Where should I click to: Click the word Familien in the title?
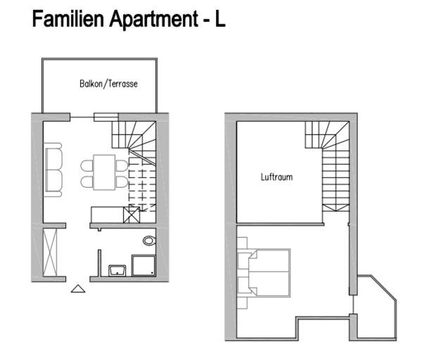(x=68, y=19)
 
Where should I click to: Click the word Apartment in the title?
(x=153, y=20)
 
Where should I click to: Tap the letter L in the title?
(x=220, y=19)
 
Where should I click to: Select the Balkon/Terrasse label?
(x=108, y=84)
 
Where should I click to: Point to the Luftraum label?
(x=277, y=177)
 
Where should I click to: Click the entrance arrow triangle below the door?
(x=78, y=288)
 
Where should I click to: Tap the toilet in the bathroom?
(x=149, y=240)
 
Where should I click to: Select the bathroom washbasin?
(x=117, y=271)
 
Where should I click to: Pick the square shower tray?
(x=144, y=266)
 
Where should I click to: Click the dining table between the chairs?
(x=104, y=172)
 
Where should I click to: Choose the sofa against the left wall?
(x=53, y=169)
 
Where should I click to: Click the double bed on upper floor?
(x=270, y=273)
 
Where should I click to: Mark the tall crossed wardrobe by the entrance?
(x=50, y=252)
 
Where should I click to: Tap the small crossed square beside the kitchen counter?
(x=132, y=214)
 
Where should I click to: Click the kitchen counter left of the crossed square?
(x=107, y=214)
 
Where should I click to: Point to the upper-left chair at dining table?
(x=87, y=165)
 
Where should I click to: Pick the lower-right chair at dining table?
(x=122, y=182)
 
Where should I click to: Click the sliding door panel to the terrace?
(x=106, y=117)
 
